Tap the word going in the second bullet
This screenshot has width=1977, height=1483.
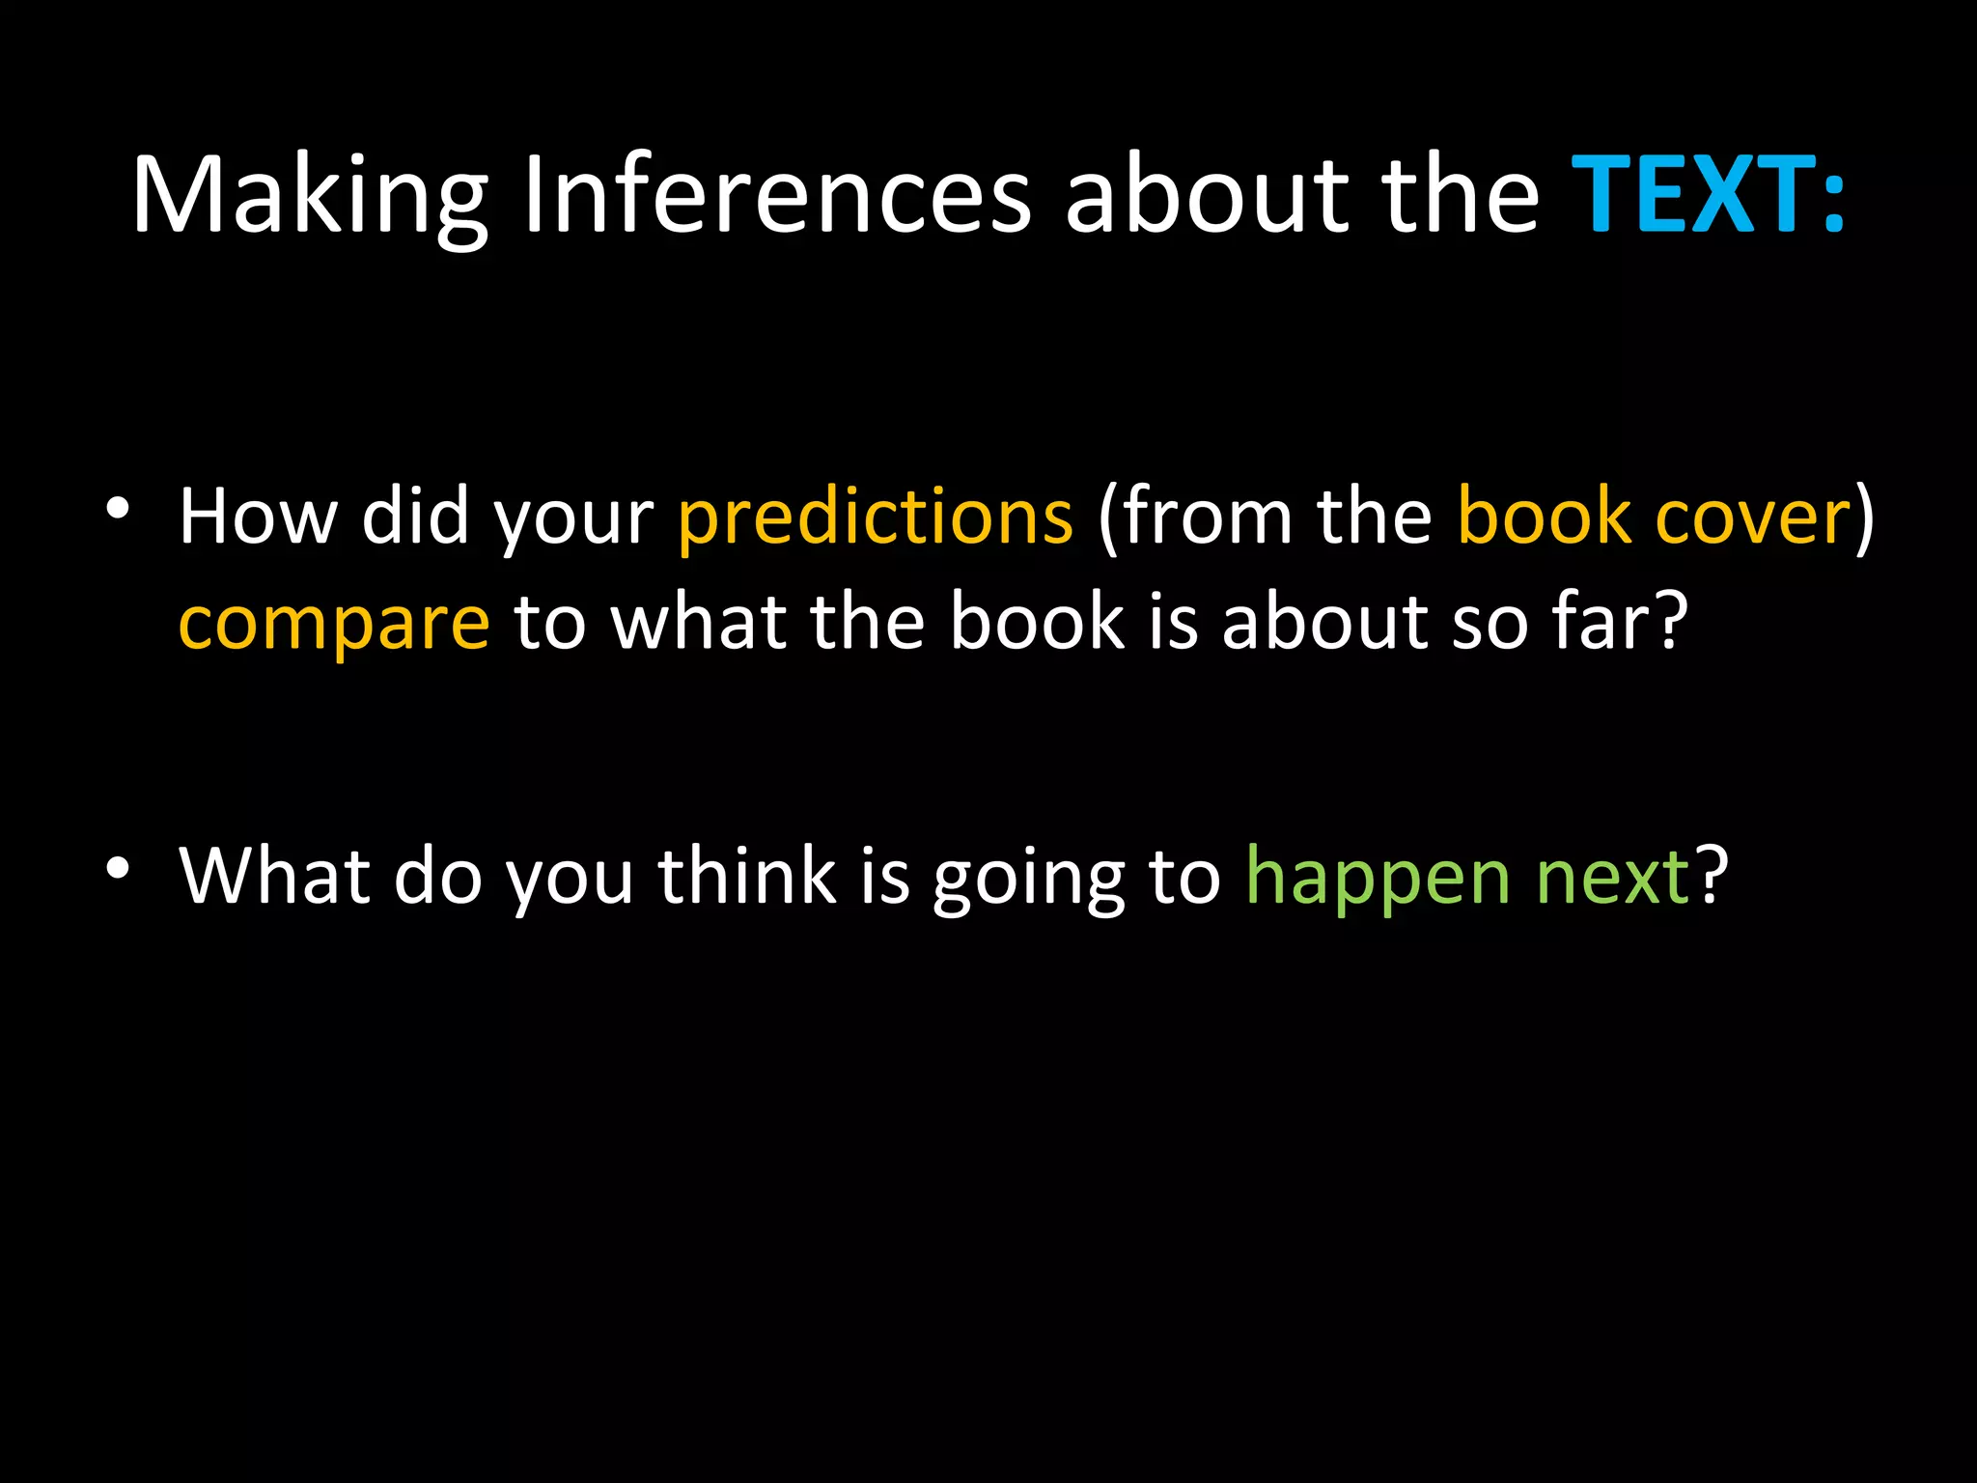tap(1027, 879)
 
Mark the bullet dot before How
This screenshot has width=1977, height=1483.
tap(118, 509)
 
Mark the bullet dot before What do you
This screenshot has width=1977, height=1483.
tap(118, 868)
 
